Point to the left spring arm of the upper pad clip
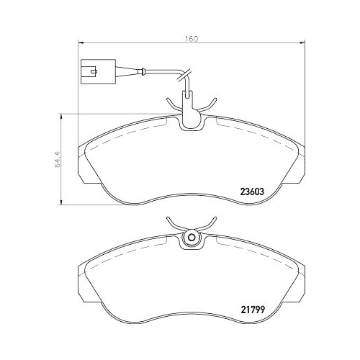[173, 105]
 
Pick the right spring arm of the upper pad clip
[210, 105]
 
